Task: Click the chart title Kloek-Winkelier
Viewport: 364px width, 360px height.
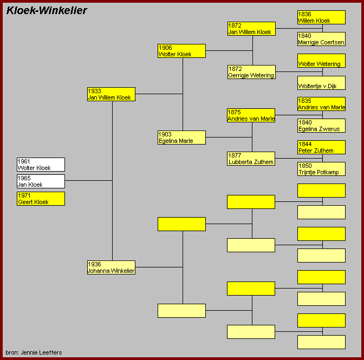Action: (x=47, y=10)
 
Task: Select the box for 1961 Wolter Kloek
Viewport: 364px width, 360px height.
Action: (x=41, y=165)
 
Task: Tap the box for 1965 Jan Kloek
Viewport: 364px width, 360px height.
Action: (x=41, y=181)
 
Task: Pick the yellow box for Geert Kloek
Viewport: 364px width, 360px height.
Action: (x=41, y=199)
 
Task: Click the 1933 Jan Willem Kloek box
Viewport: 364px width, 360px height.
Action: (x=111, y=94)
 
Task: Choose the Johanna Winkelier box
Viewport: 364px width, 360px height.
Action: (x=111, y=267)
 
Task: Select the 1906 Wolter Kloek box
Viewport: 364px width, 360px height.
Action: (x=181, y=51)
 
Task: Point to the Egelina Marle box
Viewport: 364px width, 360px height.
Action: (x=181, y=138)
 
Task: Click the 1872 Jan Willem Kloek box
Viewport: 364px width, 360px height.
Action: (x=251, y=29)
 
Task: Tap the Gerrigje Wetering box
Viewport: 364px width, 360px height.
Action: (x=251, y=72)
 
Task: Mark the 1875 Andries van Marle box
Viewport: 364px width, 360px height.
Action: (x=251, y=115)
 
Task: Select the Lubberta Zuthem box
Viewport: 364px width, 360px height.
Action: (x=251, y=159)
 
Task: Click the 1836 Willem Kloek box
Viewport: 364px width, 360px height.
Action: (x=321, y=17)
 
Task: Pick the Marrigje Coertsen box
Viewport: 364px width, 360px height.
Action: (x=321, y=39)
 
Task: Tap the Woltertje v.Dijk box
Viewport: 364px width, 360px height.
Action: (x=321, y=83)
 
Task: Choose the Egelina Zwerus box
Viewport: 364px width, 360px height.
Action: (x=321, y=126)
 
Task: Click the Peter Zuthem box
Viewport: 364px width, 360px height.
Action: (x=321, y=147)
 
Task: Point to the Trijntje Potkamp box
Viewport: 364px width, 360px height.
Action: (x=321, y=169)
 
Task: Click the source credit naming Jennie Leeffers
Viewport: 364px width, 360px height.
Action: (x=34, y=352)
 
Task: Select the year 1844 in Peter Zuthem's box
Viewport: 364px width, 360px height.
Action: (x=305, y=144)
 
